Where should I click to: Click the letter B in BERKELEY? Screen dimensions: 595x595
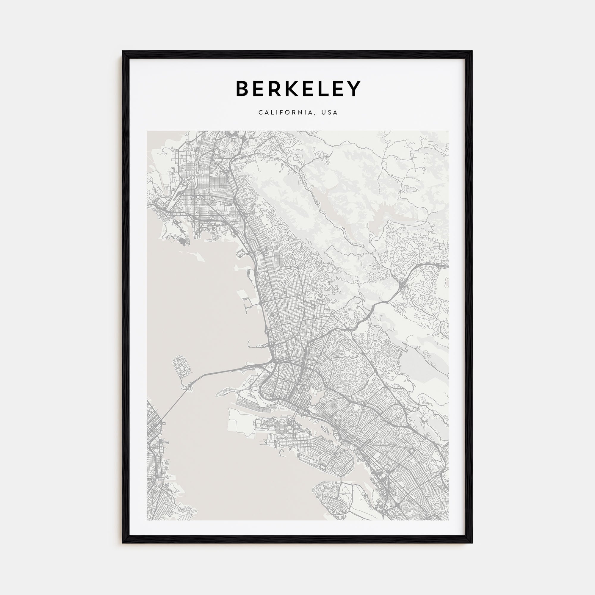244,89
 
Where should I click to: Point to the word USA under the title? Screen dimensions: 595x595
330,113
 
